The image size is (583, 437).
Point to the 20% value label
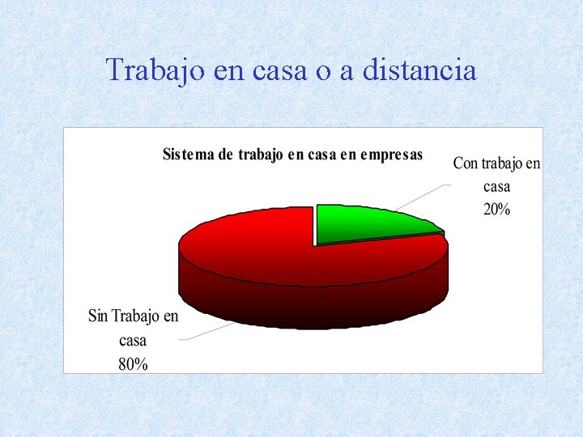click(496, 210)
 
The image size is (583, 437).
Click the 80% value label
click(133, 364)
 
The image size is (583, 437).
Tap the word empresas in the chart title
click(391, 155)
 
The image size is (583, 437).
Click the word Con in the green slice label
click(466, 163)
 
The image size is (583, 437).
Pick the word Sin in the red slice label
click(98, 316)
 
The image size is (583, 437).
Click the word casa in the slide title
click(281, 70)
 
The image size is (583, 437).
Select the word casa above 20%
click(496, 187)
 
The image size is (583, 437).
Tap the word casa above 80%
click(133, 340)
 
